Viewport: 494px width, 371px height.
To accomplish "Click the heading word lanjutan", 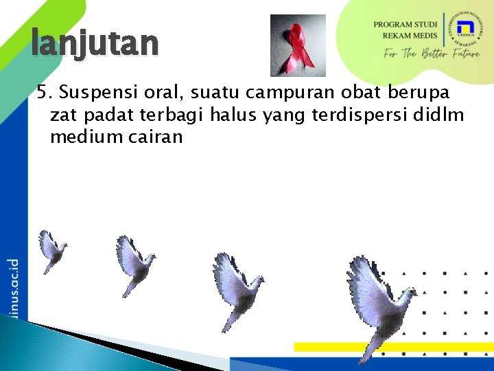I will (95, 44).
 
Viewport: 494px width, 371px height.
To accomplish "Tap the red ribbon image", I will (298, 45).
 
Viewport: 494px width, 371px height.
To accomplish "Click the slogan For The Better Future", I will (432, 54).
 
